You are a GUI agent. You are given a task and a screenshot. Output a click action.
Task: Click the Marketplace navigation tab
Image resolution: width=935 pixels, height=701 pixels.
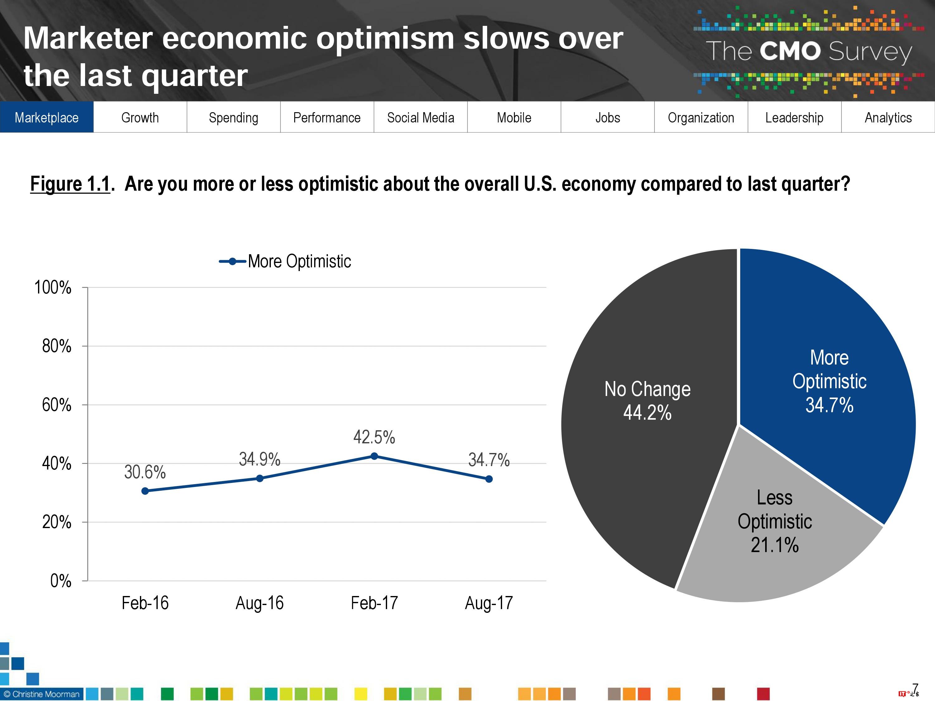[46, 117]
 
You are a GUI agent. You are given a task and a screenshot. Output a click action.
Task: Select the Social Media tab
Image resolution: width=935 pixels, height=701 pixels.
[420, 117]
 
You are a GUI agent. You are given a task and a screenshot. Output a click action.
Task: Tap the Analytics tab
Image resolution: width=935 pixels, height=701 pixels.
[888, 117]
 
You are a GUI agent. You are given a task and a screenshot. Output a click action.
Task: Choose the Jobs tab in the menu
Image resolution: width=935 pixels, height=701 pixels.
[607, 117]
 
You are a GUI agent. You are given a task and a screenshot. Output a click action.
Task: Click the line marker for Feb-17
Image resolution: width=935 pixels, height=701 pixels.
[374, 456]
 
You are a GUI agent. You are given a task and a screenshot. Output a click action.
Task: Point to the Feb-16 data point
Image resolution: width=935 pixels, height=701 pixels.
[145, 491]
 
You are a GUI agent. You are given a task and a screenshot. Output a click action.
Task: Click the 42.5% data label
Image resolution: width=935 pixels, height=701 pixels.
[374, 437]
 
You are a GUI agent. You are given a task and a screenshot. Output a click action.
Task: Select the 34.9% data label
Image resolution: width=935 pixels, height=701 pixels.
[260, 459]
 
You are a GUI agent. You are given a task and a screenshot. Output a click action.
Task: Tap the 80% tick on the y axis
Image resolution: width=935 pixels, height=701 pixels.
[57, 346]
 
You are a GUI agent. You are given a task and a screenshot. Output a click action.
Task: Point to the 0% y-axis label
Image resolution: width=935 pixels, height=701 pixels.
[60, 580]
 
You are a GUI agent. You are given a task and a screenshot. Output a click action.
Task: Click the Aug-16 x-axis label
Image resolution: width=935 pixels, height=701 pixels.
[260, 603]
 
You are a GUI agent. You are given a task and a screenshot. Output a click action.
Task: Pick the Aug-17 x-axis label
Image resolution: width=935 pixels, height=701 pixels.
[489, 603]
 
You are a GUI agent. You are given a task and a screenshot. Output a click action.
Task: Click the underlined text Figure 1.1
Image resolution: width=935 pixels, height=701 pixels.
[70, 184]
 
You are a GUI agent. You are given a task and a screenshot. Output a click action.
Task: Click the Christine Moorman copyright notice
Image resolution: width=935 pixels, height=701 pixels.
[41, 694]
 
